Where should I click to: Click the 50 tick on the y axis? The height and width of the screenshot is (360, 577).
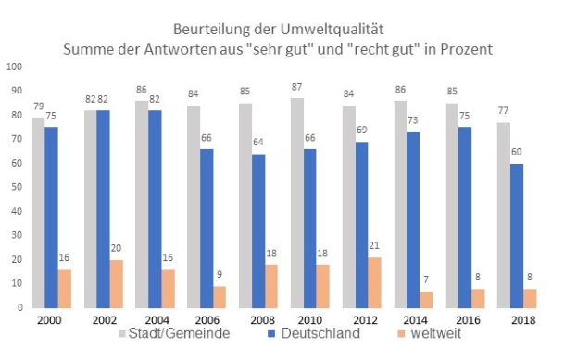tap(16, 187)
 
